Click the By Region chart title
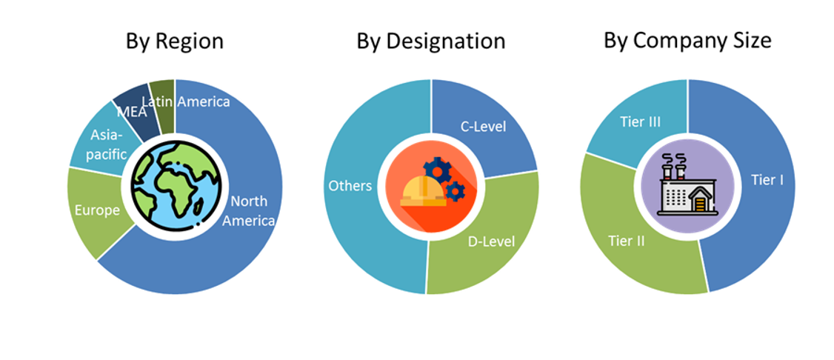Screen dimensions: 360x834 pyautogui.click(x=175, y=41)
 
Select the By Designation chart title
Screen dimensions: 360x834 pyautogui.click(x=430, y=41)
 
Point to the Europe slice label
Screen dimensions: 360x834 pyautogui.click(x=97, y=210)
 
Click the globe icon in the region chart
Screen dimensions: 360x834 pyautogui.click(x=175, y=185)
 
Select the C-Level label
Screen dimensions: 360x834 pyautogui.click(x=484, y=127)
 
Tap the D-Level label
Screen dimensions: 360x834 pyautogui.click(x=491, y=241)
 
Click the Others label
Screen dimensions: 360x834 pyautogui.click(x=350, y=185)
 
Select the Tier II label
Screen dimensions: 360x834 pyautogui.click(x=625, y=241)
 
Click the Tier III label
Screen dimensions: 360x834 pyautogui.click(x=639, y=122)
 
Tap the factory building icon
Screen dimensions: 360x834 pyautogui.click(x=687, y=187)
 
